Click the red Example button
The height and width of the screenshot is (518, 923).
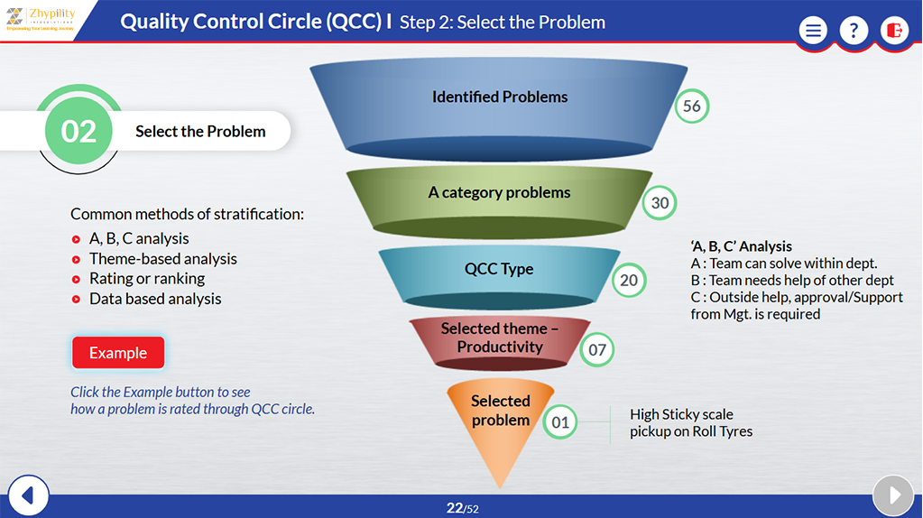[118, 353]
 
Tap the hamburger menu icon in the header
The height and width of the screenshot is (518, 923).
[813, 31]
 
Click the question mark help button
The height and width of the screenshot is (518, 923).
[854, 31]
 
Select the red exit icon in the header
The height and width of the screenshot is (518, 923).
[894, 31]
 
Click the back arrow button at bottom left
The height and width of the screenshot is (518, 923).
[27, 495]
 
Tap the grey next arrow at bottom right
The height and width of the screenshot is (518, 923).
[894, 495]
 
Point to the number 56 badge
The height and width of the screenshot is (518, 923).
[692, 106]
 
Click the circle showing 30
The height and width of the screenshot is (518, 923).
[660, 203]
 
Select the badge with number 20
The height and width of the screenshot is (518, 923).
[629, 281]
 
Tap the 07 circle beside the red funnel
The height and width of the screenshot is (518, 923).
[597, 349]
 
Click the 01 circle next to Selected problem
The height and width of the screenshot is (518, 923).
[560, 421]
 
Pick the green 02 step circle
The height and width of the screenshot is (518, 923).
[78, 132]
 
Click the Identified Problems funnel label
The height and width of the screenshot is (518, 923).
[500, 97]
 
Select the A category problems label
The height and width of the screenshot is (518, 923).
[499, 192]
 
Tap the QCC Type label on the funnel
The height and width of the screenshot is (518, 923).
[499, 269]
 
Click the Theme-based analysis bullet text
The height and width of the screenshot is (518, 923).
[162, 259]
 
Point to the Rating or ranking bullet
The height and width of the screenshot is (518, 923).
[146, 279]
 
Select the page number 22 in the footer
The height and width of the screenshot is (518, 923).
[454, 508]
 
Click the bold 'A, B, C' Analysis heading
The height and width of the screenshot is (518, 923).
[741, 246]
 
